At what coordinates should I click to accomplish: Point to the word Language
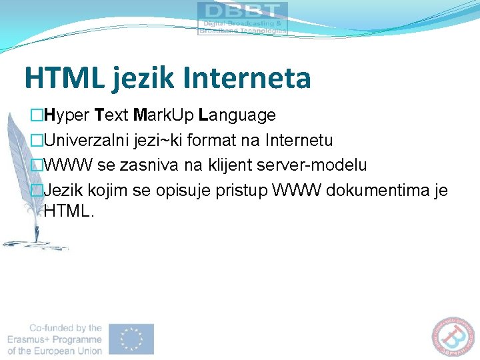[x=237, y=116]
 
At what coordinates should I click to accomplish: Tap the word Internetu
[x=299, y=141]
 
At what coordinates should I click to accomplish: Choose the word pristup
[x=242, y=191]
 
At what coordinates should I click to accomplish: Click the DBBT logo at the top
[x=243, y=18]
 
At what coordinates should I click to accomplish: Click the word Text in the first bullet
[x=112, y=116]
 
